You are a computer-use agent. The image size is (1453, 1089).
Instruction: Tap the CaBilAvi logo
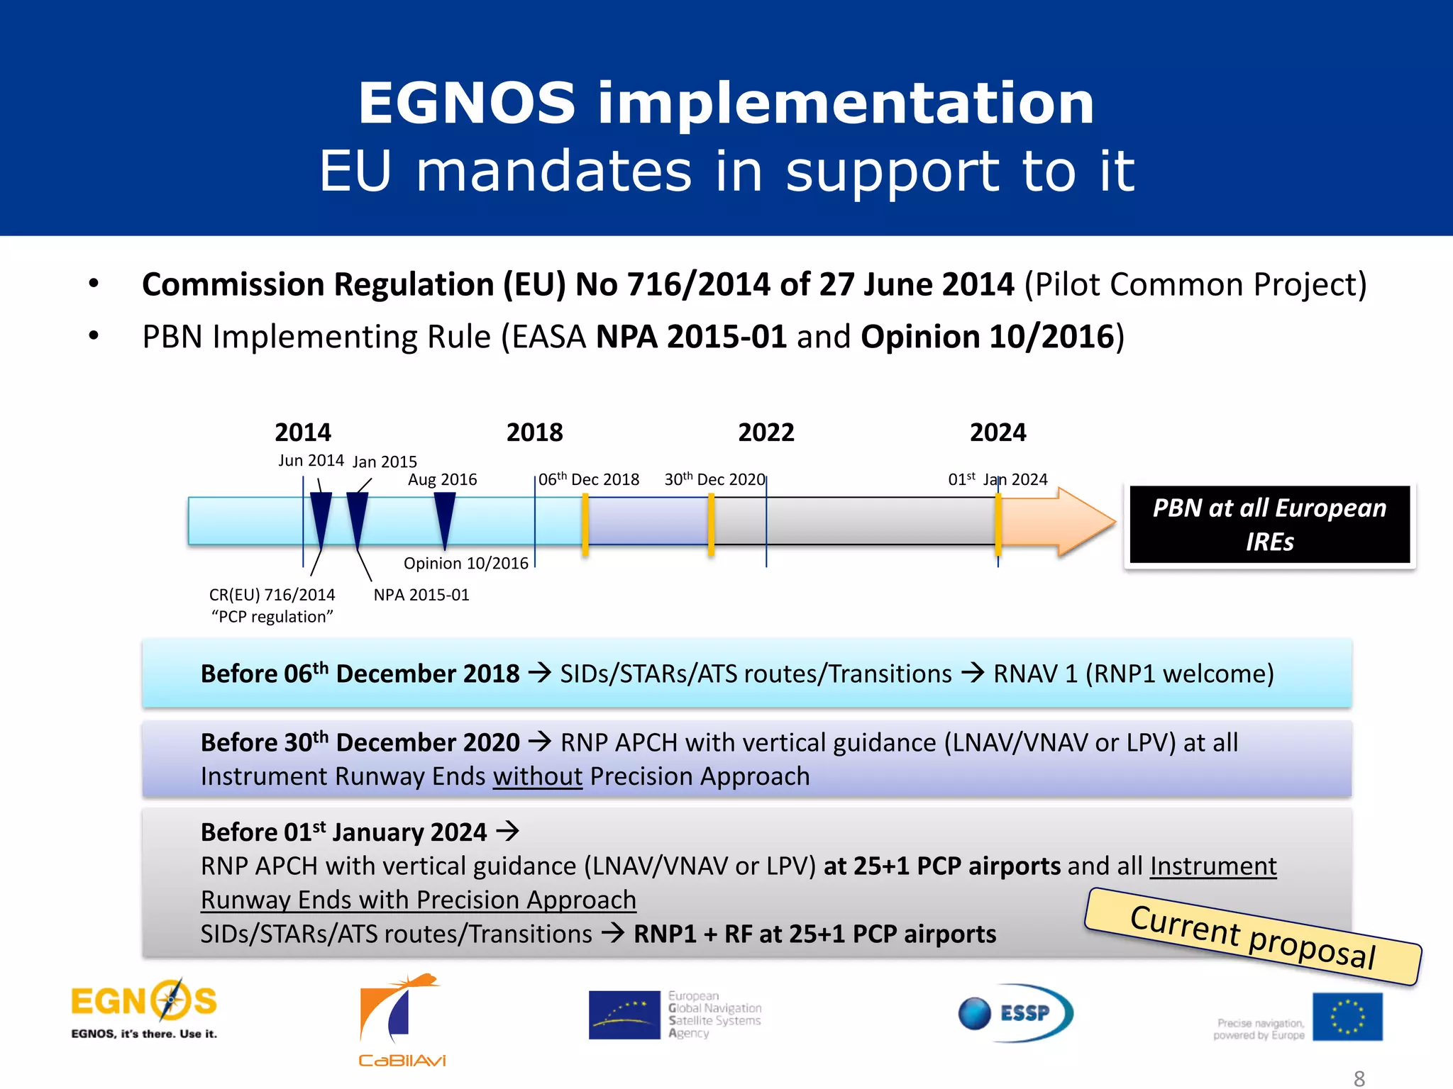click(x=402, y=1020)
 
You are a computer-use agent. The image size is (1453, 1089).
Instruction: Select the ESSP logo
click(x=1015, y=1012)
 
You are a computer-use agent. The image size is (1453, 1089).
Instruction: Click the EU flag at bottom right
click(x=1347, y=1016)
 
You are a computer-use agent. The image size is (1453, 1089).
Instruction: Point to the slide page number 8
click(x=1359, y=1078)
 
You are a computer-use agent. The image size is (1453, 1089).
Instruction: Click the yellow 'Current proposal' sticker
click(x=1253, y=937)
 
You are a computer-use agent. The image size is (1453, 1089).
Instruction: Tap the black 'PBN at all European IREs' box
click(x=1269, y=525)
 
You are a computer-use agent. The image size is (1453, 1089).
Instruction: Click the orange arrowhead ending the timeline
click(x=1085, y=522)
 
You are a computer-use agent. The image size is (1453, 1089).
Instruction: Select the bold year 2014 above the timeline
click(x=303, y=432)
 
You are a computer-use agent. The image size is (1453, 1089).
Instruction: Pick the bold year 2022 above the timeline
click(x=766, y=432)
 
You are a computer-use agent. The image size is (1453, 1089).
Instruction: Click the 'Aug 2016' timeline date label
click(x=442, y=480)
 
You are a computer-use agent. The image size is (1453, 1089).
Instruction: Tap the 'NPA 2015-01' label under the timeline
click(x=421, y=595)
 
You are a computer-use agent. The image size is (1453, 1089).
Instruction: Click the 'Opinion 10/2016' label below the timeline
click(x=466, y=564)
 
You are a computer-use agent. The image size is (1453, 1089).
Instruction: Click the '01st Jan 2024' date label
click(x=998, y=480)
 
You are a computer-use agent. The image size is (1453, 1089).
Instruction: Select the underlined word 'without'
click(x=538, y=776)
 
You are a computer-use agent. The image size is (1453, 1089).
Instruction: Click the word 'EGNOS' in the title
click(x=466, y=104)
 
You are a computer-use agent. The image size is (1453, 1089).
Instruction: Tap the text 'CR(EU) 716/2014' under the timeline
click(x=272, y=595)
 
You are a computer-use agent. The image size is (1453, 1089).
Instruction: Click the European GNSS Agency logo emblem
click(x=624, y=1015)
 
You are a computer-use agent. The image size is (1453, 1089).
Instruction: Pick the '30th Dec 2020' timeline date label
click(x=714, y=480)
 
